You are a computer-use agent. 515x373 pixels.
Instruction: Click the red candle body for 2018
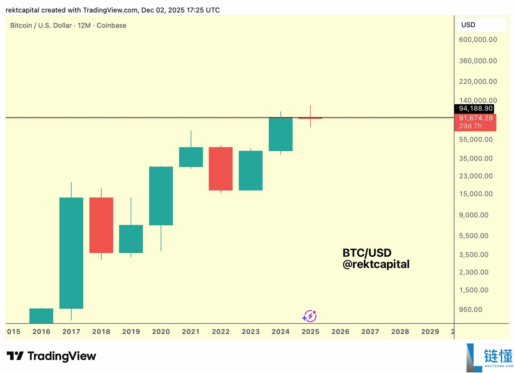point(101,225)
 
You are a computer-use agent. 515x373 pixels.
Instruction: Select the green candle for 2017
point(71,253)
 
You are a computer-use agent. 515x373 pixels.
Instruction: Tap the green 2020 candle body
point(161,196)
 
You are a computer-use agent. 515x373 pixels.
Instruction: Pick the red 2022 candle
point(221,169)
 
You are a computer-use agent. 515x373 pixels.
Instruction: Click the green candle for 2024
point(281,134)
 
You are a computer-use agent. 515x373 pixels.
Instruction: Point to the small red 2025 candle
point(310,118)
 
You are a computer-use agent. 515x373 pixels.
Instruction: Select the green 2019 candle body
point(131,239)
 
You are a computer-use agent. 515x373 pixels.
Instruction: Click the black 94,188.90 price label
point(476,108)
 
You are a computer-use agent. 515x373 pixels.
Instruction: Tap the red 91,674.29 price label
point(476,118)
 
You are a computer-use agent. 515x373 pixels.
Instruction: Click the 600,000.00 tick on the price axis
point(478,39)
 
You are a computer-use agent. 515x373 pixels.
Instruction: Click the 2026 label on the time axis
point(340,331)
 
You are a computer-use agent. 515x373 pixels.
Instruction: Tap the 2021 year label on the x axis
point(191,331)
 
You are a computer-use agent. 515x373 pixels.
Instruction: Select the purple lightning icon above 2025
point(309,316)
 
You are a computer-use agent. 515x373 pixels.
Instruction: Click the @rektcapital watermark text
point(376,264)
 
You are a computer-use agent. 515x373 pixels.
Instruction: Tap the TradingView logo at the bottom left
point(51,356)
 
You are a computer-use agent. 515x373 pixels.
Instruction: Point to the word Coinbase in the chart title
point(112,25)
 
